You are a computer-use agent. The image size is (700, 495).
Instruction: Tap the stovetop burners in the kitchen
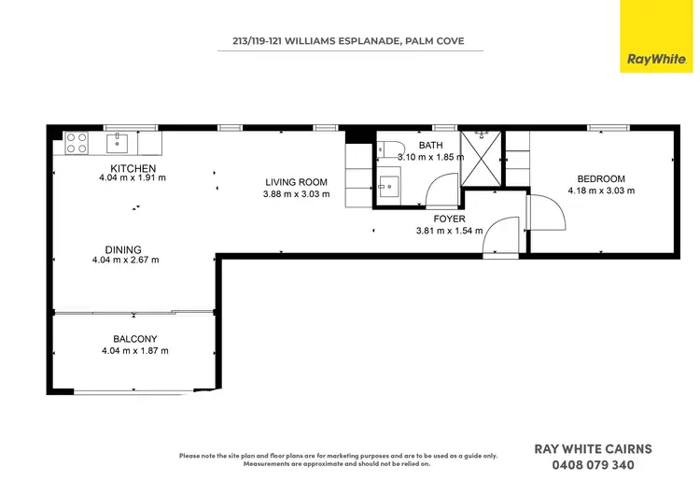77,143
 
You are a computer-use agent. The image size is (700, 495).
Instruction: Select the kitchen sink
118,143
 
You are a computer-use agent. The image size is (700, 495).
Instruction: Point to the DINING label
122,249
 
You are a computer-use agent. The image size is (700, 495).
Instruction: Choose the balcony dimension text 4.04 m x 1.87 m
134,351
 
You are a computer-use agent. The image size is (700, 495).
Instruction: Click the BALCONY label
134,339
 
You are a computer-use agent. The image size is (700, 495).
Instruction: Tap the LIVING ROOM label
295,182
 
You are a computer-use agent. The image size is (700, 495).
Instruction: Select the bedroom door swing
547,212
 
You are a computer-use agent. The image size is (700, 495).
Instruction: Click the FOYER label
448,219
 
